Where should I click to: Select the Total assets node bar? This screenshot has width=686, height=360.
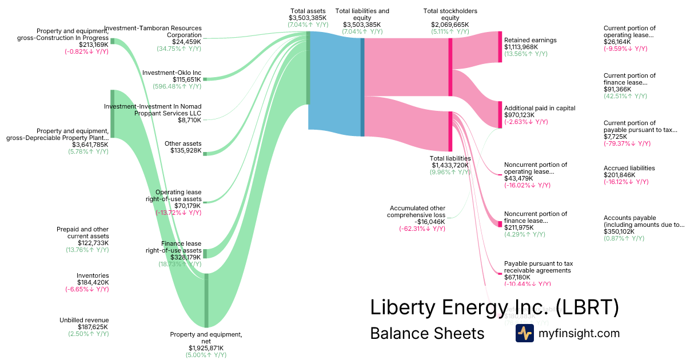[309, 69]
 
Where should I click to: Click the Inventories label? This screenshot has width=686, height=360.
[93, 275]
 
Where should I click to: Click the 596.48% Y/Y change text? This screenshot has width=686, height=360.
[177, 86]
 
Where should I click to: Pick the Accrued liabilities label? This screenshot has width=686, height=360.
[629, 168]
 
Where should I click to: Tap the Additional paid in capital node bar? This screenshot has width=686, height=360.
[500, 115]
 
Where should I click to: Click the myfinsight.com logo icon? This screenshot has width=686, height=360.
[524, 333]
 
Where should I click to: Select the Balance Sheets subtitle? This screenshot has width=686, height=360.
[427, 333]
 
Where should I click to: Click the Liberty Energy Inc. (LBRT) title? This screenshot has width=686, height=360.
[494, 307]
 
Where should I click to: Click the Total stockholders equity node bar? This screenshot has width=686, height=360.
[450, 54]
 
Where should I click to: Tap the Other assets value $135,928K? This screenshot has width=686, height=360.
[186, 150]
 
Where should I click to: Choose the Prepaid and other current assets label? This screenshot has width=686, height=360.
[82, 233]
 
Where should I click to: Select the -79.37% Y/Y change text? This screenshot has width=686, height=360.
[626, 143]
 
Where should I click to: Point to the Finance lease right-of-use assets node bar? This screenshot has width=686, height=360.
[205, 253]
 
